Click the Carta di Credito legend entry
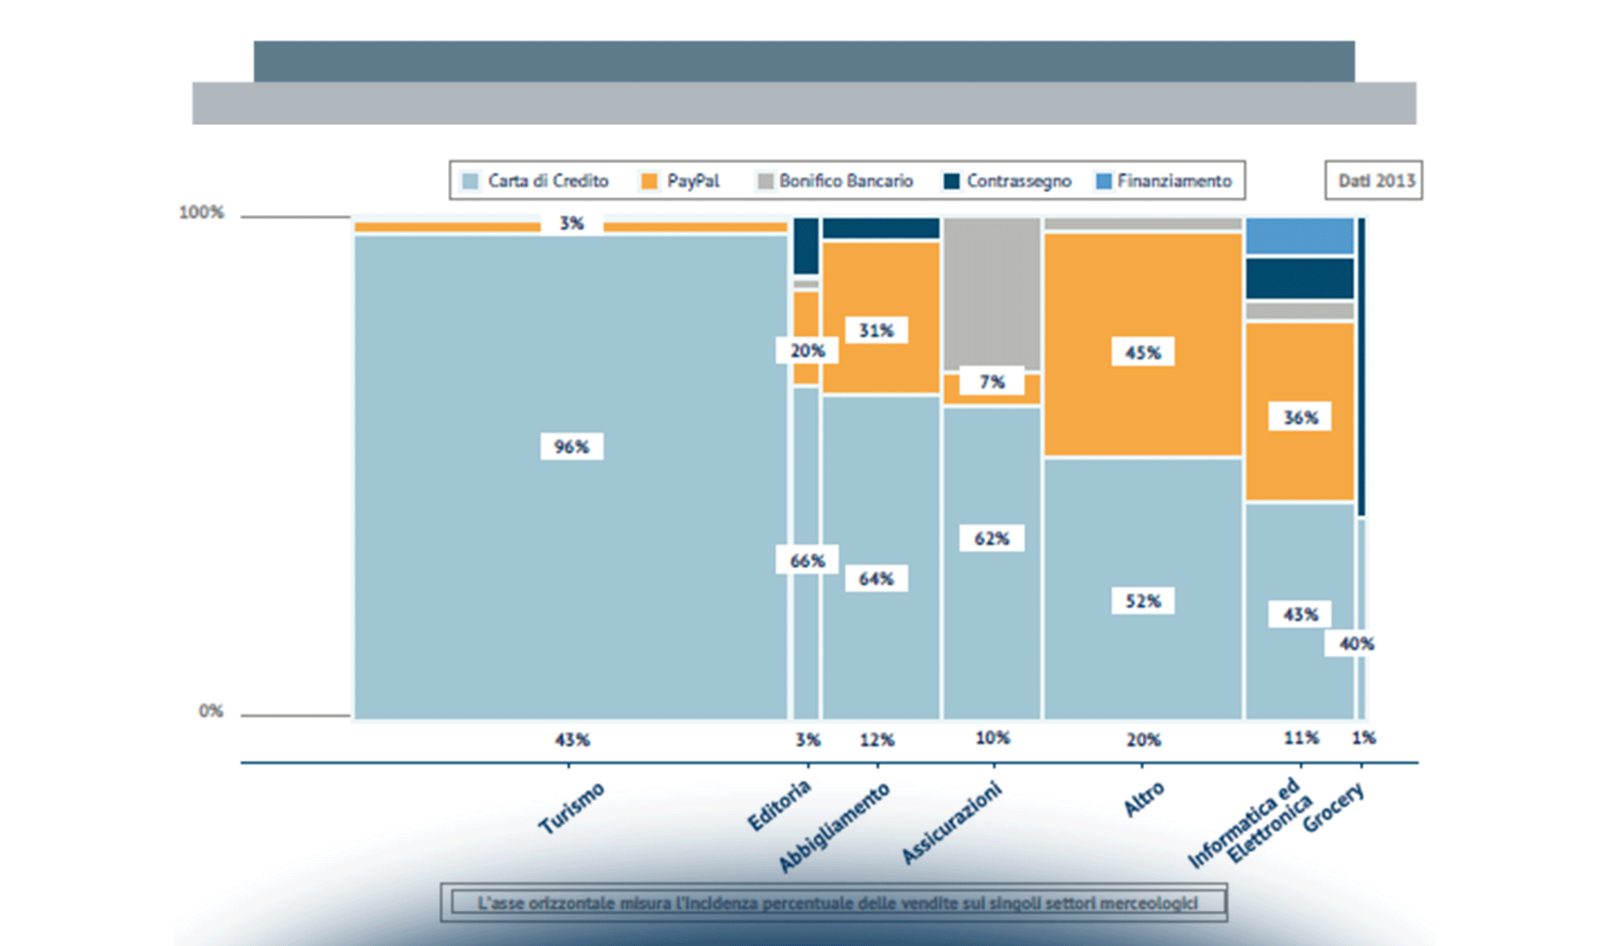[x=536, y=181]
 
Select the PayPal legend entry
[x=681, y=181]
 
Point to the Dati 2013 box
[x=1374, y=181]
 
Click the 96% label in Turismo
[x=572, y=447]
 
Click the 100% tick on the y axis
[x=202, y=212]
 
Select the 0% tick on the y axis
[x=211, y=711]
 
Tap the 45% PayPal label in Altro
[x=1143, y=352]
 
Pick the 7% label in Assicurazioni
[x=991, y=382]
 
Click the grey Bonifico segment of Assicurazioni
[x=991, y=292]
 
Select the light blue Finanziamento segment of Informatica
[x=1300, y=236]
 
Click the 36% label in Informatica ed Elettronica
[x=1300, y=417]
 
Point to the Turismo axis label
[x=572, y=807]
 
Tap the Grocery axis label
[x=1333, y=807]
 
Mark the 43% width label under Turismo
[x=572, y=739]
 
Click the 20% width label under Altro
[x=1143, y=739]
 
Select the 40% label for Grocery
[x=1356, y=643]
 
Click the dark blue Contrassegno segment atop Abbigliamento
[x=881, y=228]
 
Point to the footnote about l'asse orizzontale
[x=836, y=903]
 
